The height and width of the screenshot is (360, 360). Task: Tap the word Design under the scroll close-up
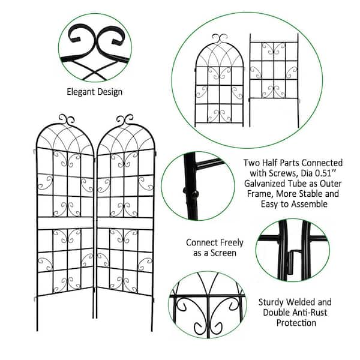point(110,92)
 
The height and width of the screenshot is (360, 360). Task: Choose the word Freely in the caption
point(231,243)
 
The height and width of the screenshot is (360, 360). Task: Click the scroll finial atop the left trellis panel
point(67,119)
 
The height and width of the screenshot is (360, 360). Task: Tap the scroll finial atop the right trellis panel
point(124,119)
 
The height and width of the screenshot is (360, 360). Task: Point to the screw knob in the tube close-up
point(193,193)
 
